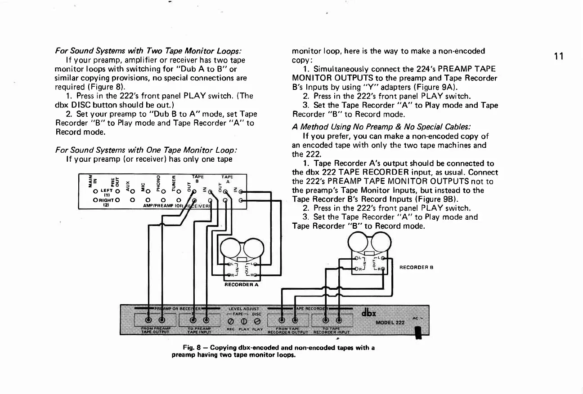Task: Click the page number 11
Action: (559, 56)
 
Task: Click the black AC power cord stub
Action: (418, 333)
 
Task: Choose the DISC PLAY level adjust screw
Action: (256, 321)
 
